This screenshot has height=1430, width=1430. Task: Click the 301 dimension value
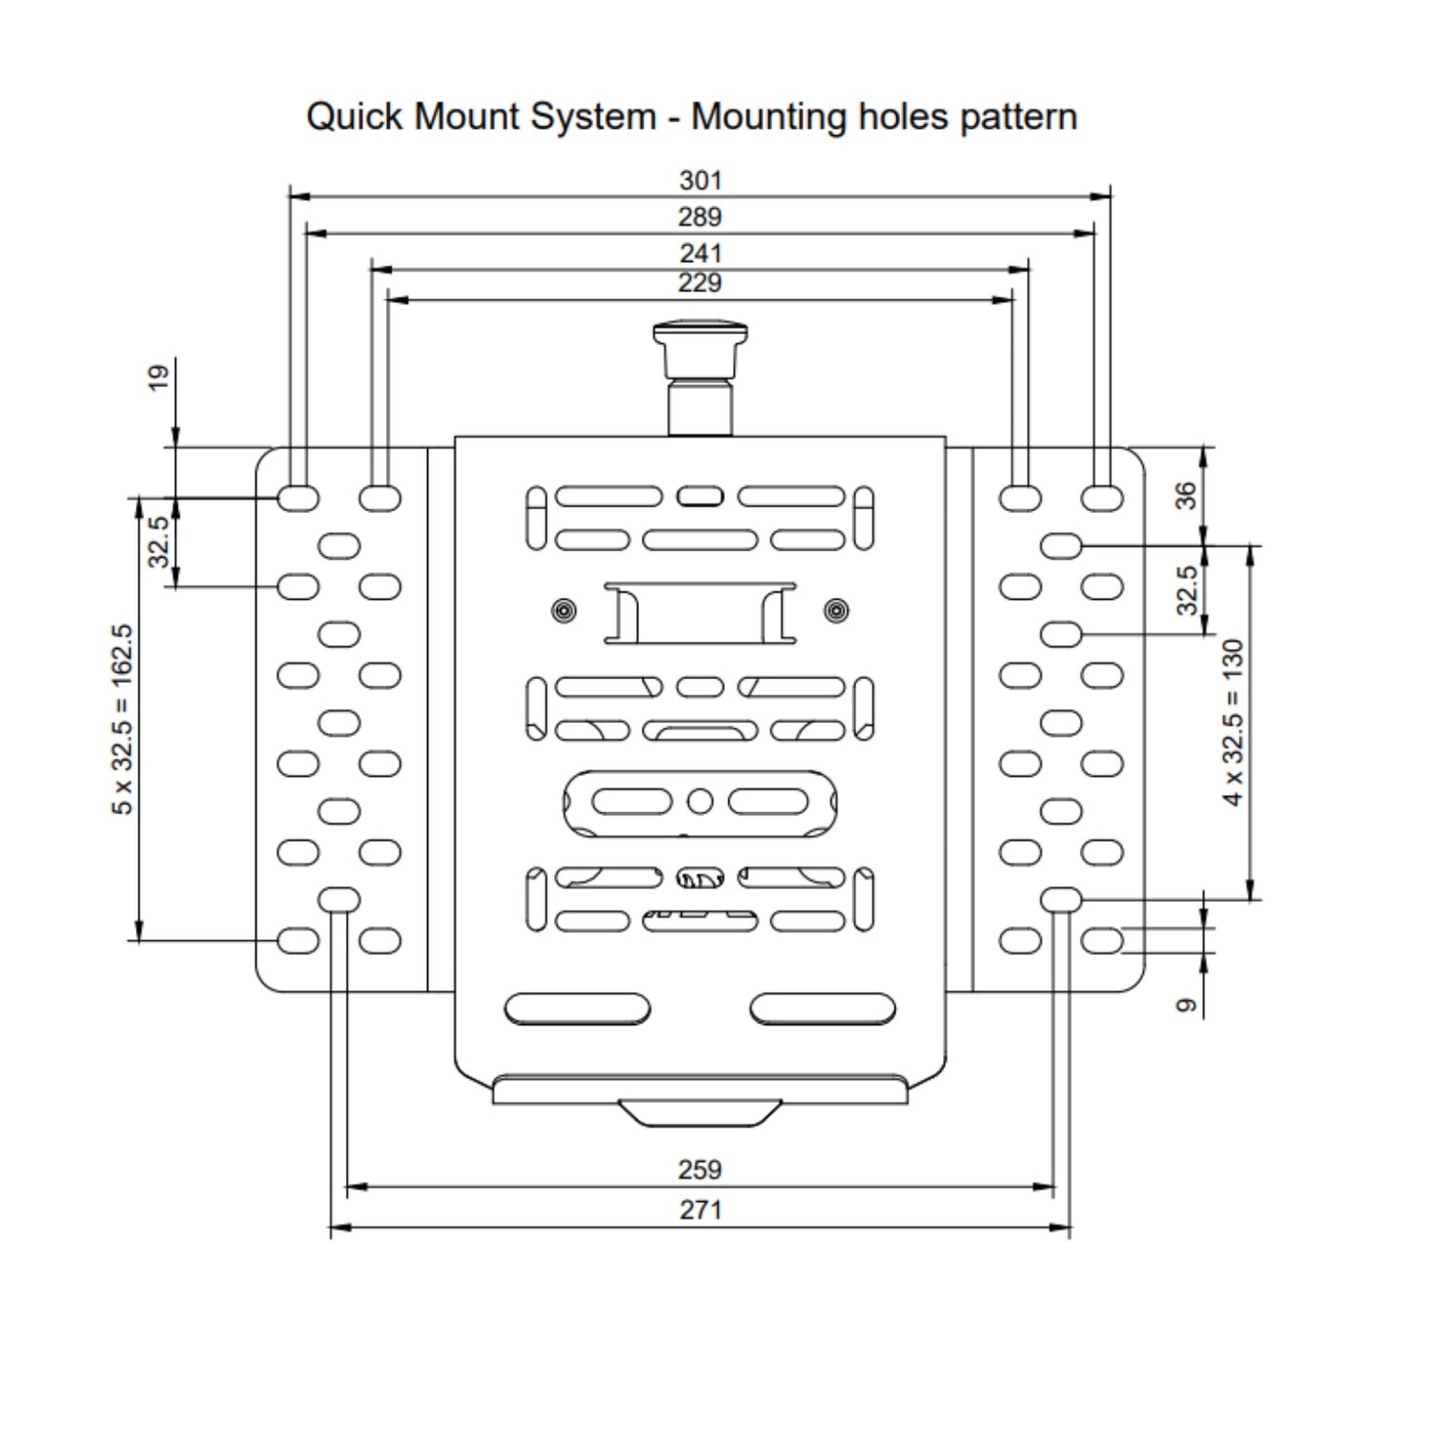(x=701, y=180)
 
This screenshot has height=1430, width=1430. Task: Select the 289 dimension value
(x=700, y=217)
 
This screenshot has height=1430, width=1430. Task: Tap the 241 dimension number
(x=700, y=254)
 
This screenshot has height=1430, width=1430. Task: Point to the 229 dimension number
(x=700, y=282)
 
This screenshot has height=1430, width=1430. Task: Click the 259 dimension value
(x=700, y=1170)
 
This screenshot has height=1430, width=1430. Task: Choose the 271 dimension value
(x=700, y=1210)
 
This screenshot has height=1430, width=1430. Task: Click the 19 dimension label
(x=158, y=377)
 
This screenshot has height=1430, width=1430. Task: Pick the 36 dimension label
(x=1185, y=495)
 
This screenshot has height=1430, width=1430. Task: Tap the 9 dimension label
(x=1185, y=1005)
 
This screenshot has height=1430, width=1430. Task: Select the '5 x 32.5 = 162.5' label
(x=122, y=719)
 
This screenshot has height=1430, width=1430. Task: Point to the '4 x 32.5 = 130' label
(x=1234, y=723)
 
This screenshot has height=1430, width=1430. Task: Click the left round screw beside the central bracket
(x=564, y=610)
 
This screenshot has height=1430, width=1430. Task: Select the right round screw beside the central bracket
(x=836, y=610)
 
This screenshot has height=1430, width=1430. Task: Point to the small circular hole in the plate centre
(x=700, y=802)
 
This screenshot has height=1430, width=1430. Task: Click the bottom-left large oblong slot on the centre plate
(x=577, y=1009)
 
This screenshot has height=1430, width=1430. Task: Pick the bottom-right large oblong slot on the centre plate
(x=823, y=1009)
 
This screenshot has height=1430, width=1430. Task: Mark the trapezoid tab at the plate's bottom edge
(x=700, y=1113)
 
